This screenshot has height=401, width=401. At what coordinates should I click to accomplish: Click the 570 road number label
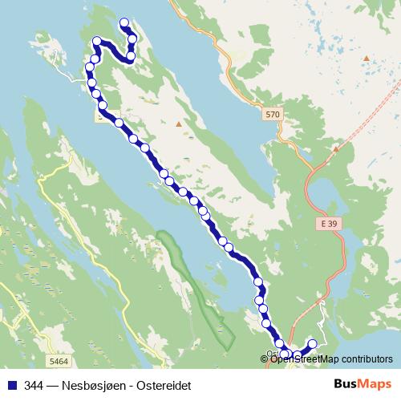point(273,115)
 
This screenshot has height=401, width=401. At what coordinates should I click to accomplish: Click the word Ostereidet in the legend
point(170,383)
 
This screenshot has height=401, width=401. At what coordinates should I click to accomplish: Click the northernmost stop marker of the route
point(124,24)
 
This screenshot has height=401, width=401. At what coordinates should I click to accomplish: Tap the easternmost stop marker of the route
point(313,344)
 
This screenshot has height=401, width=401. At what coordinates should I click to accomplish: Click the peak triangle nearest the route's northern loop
point(178,124)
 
